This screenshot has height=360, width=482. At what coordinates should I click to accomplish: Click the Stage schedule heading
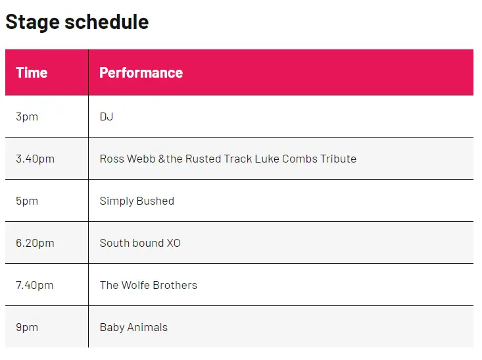click(77, 22)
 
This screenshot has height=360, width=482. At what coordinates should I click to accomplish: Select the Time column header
click(32, 72)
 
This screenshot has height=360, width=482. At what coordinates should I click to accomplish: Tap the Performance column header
click(141, 72)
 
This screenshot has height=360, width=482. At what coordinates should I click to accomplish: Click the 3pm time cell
click(27, 117)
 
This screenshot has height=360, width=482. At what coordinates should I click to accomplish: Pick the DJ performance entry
click(107, 116)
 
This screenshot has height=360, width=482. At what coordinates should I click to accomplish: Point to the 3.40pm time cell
click(35, 159)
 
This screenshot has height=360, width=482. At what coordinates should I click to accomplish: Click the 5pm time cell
click(27, 201)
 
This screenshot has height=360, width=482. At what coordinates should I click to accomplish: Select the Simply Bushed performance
click(137, 201)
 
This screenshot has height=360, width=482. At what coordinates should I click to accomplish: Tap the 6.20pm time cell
click(35, 244)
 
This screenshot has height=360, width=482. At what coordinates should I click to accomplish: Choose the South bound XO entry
click(140, 243)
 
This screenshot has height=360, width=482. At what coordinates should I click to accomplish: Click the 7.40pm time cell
click(35, 286)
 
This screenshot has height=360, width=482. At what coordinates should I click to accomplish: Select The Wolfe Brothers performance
click(149, 285)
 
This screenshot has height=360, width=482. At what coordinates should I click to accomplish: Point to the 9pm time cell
click(27, 328)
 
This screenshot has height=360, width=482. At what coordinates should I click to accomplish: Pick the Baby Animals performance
click(133, 327)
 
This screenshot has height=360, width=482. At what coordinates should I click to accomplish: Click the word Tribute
click(338, 159)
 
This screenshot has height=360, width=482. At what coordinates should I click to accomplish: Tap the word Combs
click(299, 159)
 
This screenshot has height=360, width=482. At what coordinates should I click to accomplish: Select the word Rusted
click(203, 159)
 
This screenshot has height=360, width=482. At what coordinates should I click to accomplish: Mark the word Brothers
click(175, 285)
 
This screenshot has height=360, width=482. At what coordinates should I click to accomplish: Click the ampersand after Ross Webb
click(162, 159)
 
